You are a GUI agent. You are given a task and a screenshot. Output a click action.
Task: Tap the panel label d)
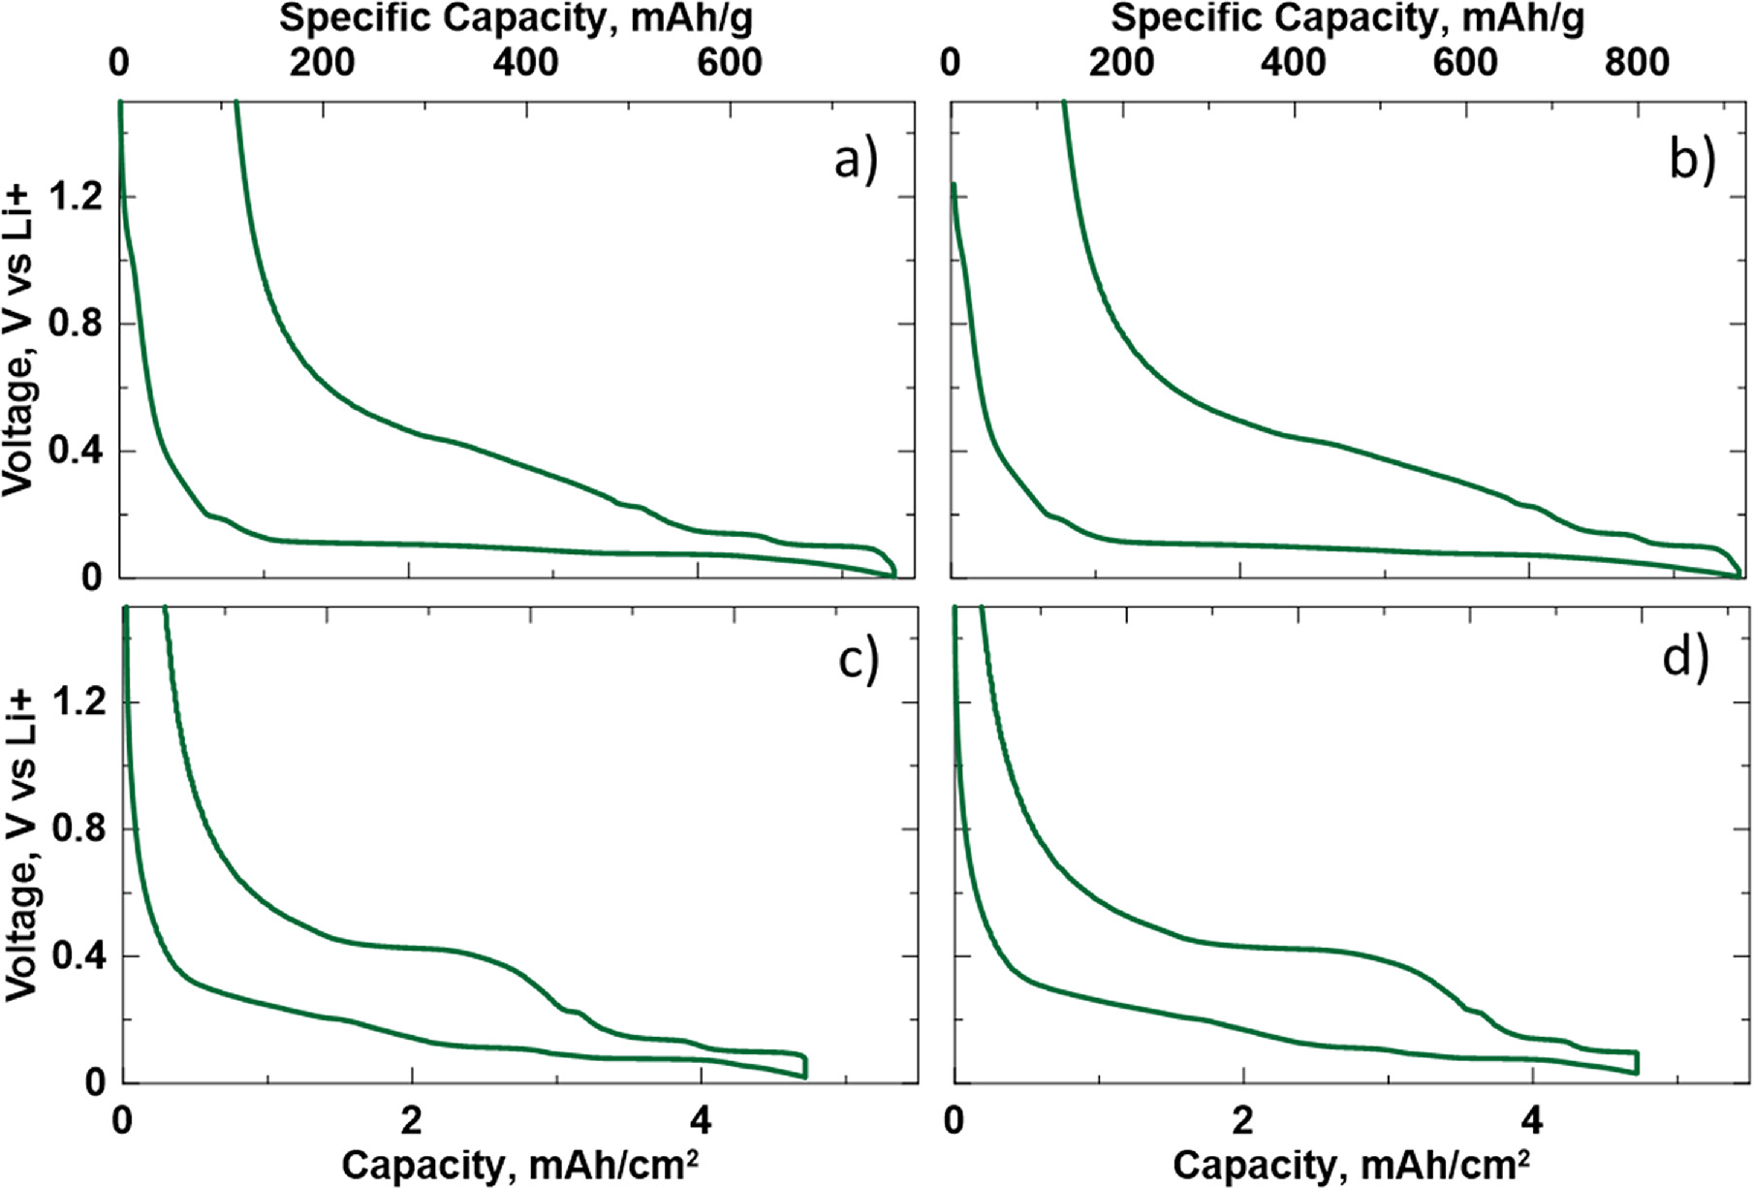1686,659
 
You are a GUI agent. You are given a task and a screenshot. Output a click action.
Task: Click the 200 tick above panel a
321,63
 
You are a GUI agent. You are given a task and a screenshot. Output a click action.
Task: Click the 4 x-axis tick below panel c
701,1121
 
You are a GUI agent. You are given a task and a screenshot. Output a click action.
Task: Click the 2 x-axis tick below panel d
1242,1121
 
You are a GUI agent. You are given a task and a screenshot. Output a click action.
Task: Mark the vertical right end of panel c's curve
805,1066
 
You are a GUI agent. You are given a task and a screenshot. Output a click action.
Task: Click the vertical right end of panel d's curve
1637,1062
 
